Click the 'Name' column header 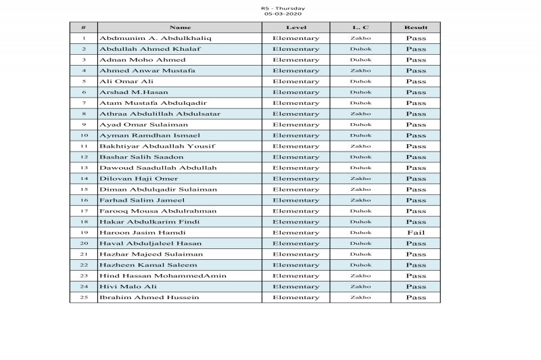click(x=180, y=28)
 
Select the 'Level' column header click(x=296, y=28)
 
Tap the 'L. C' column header click(x=360, y=28)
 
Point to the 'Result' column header click(x=415, y=28)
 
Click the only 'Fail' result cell click(x=415, y=233)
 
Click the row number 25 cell click(x=83, y=298)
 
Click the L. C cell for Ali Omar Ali click(x=360, y=82)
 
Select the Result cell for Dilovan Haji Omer click(x=415, y=179)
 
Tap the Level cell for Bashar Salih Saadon click(x=296, y=157)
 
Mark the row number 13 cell click(x=83, y=168)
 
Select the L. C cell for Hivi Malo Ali click(x=360, y=287)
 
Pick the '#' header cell click(x=83, y=28)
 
